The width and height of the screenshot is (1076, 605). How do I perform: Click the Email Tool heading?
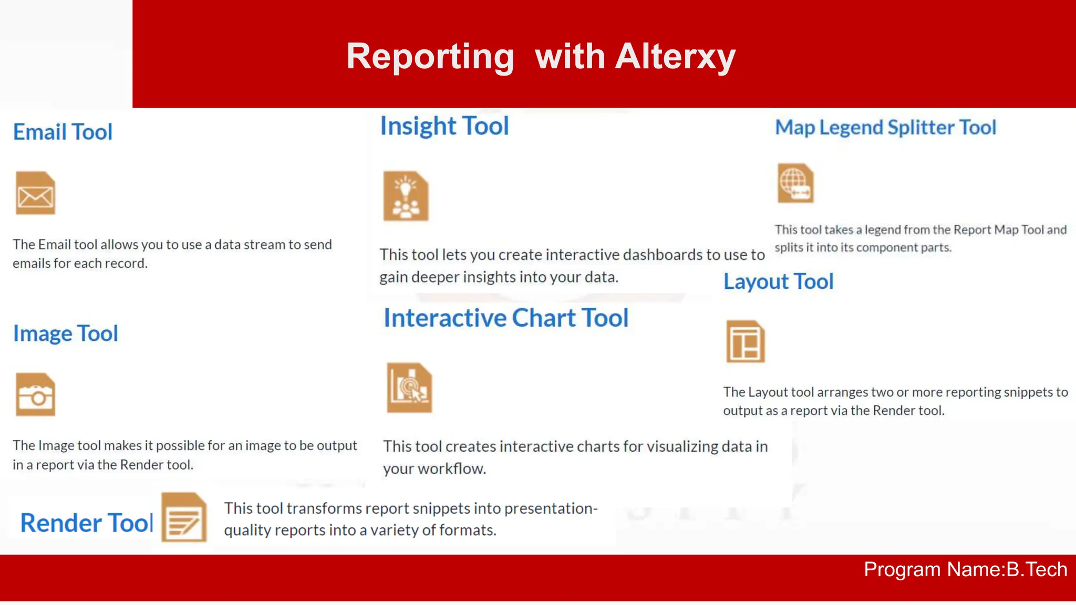[x=63, y=132]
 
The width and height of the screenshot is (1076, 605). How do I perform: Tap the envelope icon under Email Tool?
[x=35, y=193]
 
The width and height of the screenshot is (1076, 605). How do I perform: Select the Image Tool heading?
[x=65, y=333]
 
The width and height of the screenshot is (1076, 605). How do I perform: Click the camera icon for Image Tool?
[x=35, y=395]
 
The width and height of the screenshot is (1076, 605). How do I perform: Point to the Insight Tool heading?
[x=444, y=126]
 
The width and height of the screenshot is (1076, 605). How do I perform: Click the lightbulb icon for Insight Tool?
[x=406, y=196]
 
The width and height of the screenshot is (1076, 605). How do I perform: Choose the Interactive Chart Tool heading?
[x=505, y=318]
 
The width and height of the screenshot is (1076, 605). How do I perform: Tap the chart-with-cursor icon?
[x=409, y=388]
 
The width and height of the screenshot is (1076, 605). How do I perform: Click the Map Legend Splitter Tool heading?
[x=885, y=128]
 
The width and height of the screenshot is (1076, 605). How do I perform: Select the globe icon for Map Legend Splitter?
[x=795, y=183]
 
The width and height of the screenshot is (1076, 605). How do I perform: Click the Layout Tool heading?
[x=778, y=281]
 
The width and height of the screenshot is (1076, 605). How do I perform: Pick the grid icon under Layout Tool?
[x=745, y=341]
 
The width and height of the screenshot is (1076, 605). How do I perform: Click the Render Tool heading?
[x=86, y=523]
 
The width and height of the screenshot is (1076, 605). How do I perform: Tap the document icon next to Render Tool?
[x=183, y=517]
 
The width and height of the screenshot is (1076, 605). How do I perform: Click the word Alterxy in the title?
[x=675, y=56]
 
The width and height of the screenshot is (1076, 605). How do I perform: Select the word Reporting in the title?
[x=430, y=56]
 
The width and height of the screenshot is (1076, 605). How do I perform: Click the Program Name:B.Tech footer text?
[x=965, y=569]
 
